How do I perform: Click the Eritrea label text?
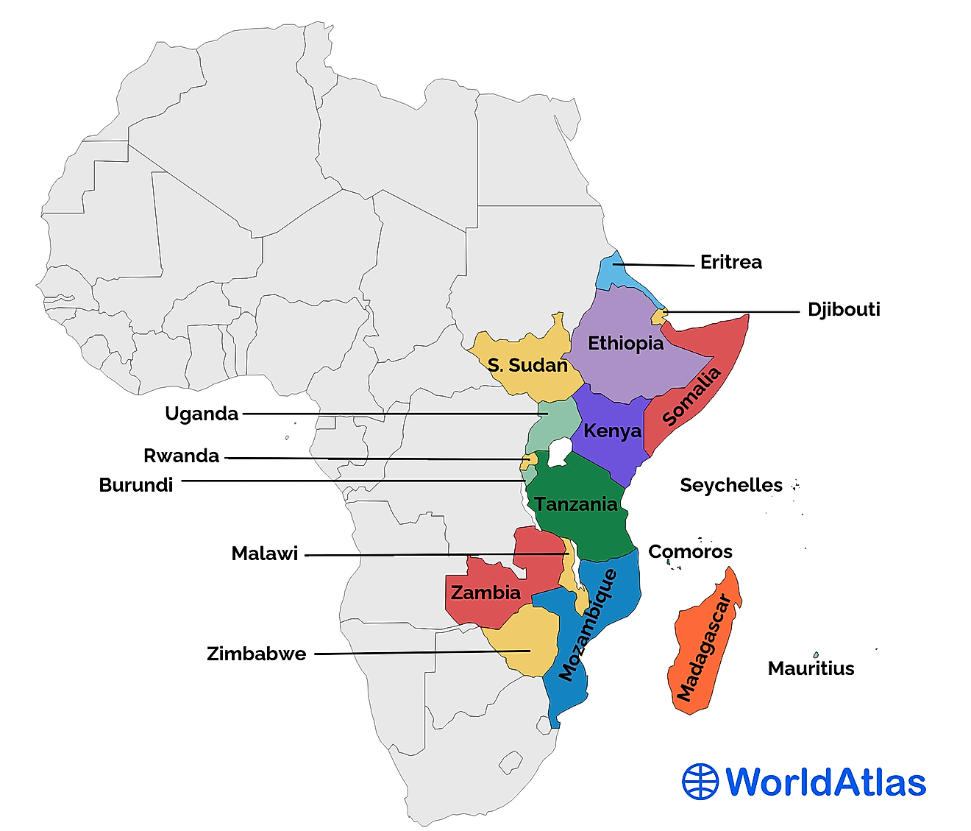pyautogui.click(x=730, y=263)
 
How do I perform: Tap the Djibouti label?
pyautogui.click(x=844, y=309)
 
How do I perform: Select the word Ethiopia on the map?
pyautogui.click(x=625, y=344)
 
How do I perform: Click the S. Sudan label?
pyautogui.click(x=527, y=365)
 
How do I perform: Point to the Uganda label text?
pyautogui.click(x=202, y=414)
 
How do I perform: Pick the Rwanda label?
pyautogui.click(x=181, y=456)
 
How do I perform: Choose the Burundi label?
pyautogui.click(x=136, y=485)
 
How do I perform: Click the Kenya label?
pyautogui.click(x=612, y=431)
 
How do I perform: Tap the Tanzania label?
pyautogui.click(x=576, y=504)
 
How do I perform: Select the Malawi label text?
pyautogui.click(x=264, y=554)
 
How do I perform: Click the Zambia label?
pyautogui.click(x=485, y=593)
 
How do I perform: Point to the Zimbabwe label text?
pyautogui.click(x=256, y=654)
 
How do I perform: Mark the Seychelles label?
pyautogui.click(x=730, y=485)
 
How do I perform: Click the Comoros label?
pyautogui.click(x=690, y=551)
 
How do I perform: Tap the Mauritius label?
pyautogui.click(x=811, y=668)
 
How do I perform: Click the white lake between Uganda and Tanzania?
pyautogui.click(x=560, y=451)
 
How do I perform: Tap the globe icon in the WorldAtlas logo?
pyautogui.click(x=700, y=782)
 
